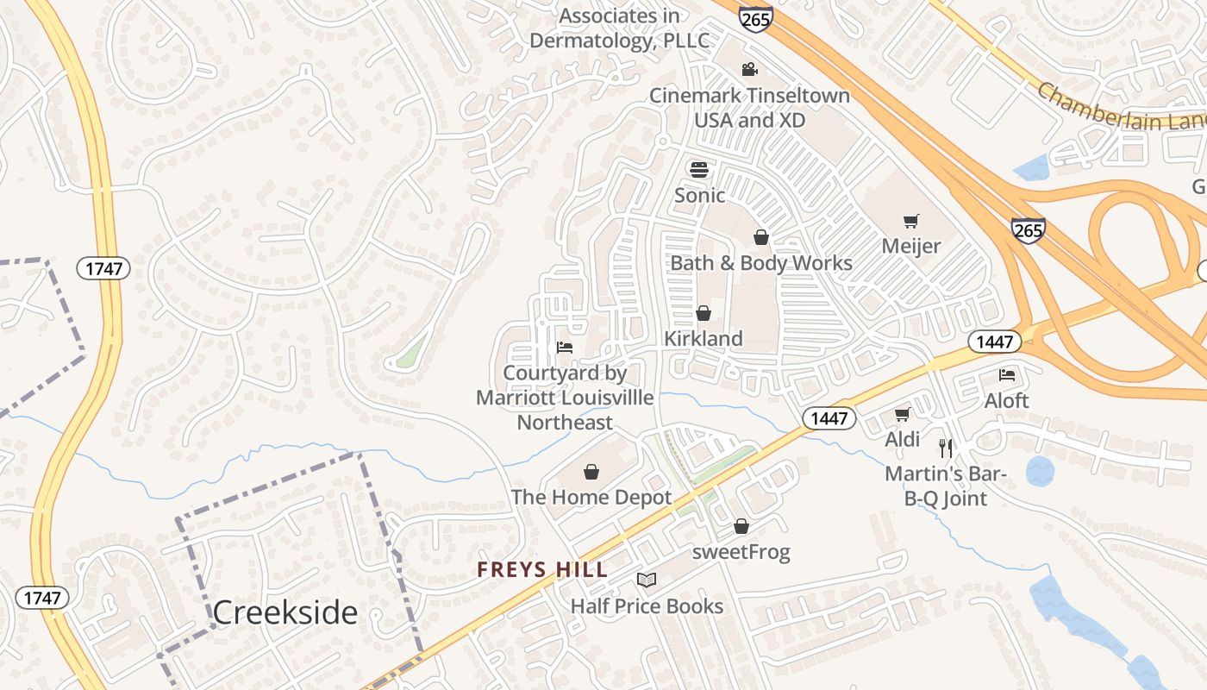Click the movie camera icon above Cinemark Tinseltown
coord(749,69)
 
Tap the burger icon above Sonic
coord(698,169)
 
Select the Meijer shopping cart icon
coord(910,221)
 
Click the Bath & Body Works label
coord(761,263)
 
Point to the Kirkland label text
coord(703,339)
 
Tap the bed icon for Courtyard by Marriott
coord(565,348)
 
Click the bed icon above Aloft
coord(1006,375)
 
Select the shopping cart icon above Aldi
coord(902,414)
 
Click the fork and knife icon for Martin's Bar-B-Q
coord(946,448)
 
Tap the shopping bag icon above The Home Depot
coord(591,472)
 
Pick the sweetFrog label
coord(741,552)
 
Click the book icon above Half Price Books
coord(647,580)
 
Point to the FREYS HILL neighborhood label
coord(543,570)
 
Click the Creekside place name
coord(285,612)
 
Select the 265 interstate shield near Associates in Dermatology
coord(755,18)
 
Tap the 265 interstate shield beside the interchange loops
coord(1028,230)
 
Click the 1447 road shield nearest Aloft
coord(995,342)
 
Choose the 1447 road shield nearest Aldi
coord(830,419)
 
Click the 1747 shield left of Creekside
coord(41,598)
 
